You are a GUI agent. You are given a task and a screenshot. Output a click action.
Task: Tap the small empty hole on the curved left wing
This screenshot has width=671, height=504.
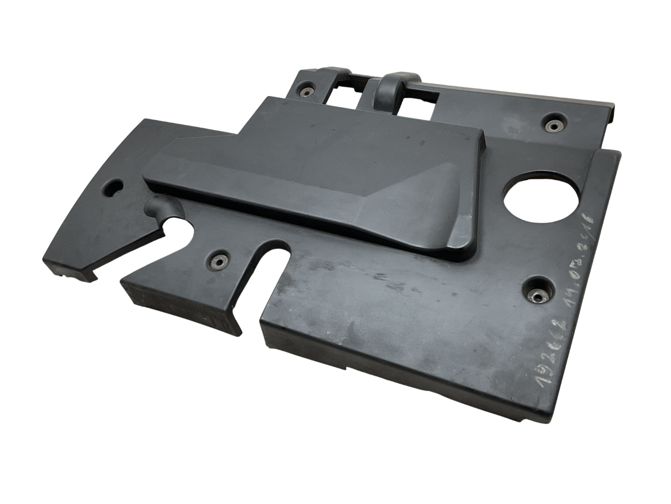[x=114, y=186]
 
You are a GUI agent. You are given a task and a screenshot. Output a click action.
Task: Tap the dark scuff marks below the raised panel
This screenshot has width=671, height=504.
[x=388, y=283]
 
